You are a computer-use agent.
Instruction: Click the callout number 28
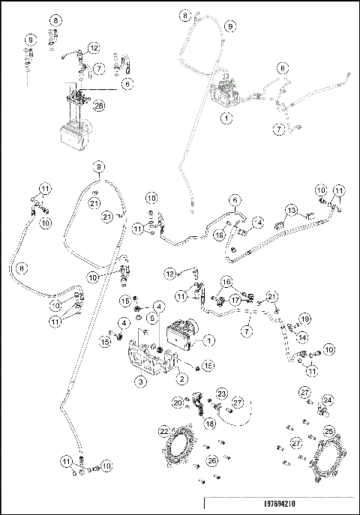98,106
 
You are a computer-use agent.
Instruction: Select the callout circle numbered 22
163,432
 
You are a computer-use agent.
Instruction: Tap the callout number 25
329,432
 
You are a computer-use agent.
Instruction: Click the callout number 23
222,393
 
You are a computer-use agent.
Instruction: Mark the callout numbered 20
177,403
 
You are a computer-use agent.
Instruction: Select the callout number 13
292,209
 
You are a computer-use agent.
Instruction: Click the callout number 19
305,319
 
